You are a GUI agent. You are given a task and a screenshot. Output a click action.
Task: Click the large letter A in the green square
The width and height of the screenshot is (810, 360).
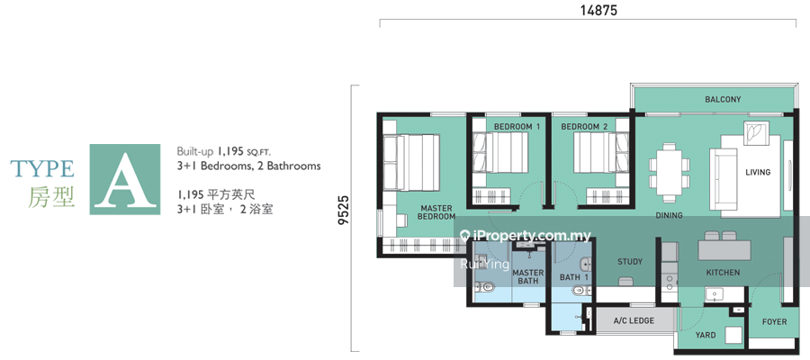tap(125, 179)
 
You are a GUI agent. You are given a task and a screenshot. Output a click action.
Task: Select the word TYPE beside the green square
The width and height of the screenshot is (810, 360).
tap(41, 168)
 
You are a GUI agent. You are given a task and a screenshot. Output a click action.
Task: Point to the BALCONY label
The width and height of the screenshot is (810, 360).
tap(724, 99)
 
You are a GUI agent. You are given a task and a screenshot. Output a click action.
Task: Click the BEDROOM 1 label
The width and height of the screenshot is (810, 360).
tap(517, 127)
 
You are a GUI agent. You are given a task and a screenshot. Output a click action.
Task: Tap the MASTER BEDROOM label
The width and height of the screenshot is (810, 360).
tap(436, 212)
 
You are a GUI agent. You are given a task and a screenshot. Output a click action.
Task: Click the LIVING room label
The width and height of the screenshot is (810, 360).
tap(758, 172)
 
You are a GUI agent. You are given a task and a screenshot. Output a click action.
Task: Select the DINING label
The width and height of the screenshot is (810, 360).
tap(669, 215)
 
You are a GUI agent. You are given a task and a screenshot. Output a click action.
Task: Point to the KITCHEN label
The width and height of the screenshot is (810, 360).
tap(724, 272)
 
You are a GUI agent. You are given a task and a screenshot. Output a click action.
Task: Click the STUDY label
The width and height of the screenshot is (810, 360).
tap(630, 262)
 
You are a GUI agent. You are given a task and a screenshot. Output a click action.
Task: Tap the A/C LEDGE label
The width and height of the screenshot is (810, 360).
tap(634, 320)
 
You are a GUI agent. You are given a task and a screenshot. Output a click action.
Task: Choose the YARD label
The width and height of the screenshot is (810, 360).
tap(705, 335)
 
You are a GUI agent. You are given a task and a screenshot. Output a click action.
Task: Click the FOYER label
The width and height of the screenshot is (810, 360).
tap(775, 322)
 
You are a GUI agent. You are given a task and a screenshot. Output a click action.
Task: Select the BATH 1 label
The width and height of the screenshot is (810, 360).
tap(574, 278)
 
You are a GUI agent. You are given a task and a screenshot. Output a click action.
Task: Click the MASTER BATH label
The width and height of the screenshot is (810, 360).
tap(528, 277)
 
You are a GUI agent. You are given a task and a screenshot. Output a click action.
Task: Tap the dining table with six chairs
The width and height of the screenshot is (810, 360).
tap(669, 173)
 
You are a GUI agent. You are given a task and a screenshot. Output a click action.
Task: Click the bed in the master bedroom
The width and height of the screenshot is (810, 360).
tap(411, 163)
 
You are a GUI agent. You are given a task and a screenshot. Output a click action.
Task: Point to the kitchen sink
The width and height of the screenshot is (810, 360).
tap(715, 294)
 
